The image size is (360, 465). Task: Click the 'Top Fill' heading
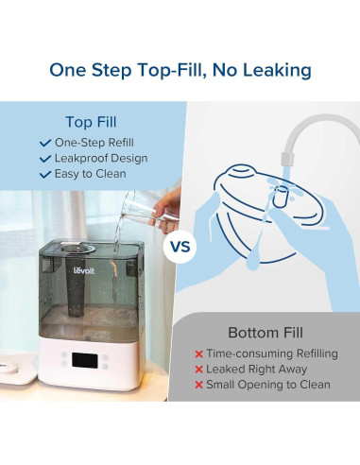click(91, 122)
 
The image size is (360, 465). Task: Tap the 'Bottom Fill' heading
click(266, 333)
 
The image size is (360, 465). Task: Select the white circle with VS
click(180, 247)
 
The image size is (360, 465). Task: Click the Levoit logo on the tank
click(84, 270)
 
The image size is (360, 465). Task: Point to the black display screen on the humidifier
click(84, 360)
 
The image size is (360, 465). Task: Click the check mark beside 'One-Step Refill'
click(45, 143)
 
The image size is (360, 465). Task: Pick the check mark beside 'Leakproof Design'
click(45, 159)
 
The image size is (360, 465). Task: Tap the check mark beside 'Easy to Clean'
click(45, 174)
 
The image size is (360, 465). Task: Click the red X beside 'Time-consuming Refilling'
click(198, 354)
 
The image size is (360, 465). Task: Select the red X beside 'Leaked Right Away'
click(198, 370)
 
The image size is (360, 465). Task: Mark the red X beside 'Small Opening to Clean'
click(198, 385)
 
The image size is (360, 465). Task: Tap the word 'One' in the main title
click(67, 70)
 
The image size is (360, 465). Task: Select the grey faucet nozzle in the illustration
click(287, 158)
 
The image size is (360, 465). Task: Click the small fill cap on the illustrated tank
click(281, 197)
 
